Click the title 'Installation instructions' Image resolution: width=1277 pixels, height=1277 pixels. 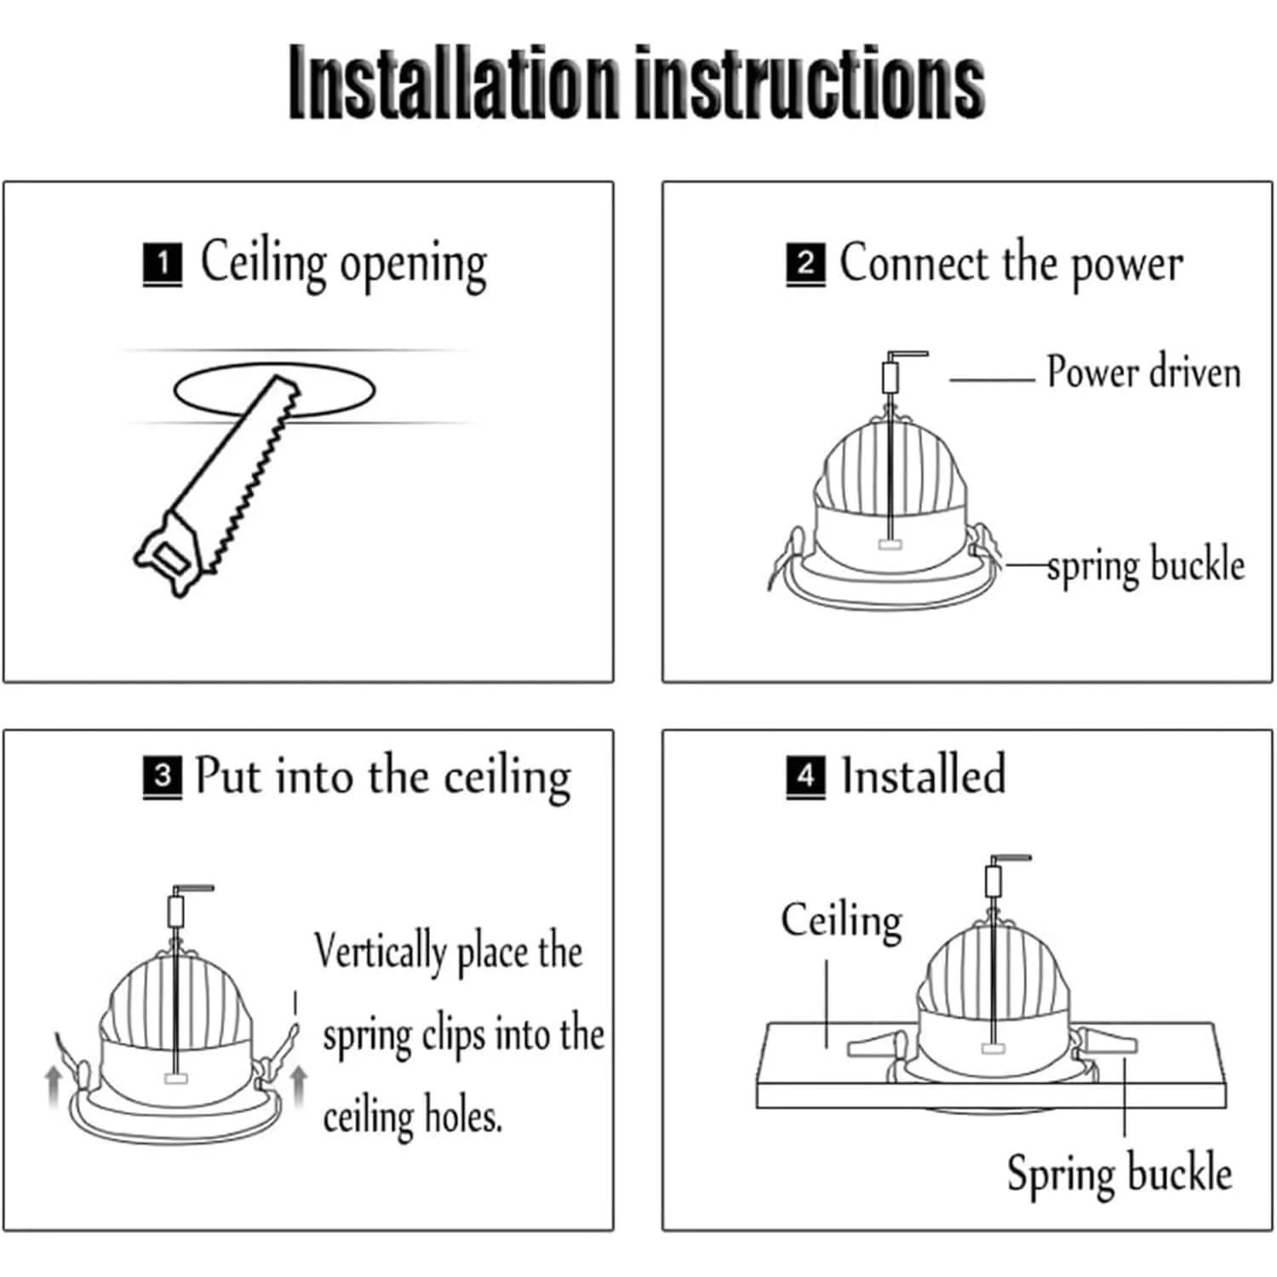637,82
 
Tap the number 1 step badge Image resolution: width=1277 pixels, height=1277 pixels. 162,264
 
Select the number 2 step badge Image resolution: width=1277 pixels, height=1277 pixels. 805,264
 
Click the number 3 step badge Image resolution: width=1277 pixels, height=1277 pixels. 162,776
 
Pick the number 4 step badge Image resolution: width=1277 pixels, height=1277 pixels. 805,776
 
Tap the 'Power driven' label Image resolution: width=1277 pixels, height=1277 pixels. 1143,373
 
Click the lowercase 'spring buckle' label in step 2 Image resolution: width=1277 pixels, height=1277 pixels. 1146,565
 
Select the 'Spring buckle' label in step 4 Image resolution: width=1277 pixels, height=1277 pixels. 1120,1173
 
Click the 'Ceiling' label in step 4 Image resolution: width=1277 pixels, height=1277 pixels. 842,921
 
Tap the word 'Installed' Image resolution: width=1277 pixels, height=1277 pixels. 924,775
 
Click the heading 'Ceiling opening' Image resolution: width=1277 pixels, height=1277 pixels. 344,264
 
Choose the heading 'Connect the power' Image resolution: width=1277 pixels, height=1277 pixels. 1011,264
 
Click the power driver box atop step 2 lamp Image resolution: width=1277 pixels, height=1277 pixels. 890,376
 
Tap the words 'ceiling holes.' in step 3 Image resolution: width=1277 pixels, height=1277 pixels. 413,1116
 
